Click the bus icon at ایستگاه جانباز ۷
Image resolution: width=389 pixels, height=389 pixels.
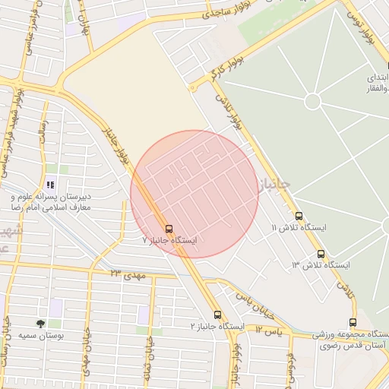coord(169,228)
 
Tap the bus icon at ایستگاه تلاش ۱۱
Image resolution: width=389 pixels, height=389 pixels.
coord(299,216)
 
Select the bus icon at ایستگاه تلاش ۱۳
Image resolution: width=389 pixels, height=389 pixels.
coord(321,254)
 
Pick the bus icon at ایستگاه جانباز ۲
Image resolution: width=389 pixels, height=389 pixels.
coord(217,315)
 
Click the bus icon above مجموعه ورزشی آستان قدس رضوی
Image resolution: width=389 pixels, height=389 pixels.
coord(352,323)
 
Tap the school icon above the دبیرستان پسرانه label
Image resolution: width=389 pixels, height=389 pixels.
coord(50,185)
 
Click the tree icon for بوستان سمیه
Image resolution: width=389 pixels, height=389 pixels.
coord(40,323)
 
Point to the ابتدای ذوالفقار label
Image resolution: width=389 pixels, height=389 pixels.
coord(378,84)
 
